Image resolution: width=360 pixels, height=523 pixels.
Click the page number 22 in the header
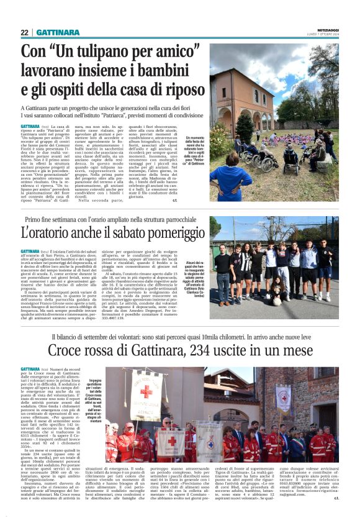pos(24,32)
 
